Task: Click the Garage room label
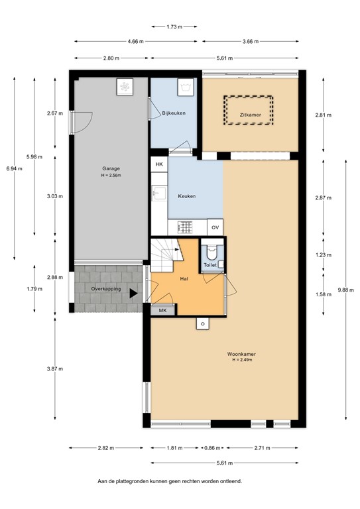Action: [111, 168]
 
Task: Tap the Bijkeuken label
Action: [173, 114]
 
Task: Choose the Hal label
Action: [186, 279]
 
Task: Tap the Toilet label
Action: [210, 265]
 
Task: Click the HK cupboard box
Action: [159, 164]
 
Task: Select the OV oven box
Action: [215, 227]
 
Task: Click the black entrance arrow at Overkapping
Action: [134, 292]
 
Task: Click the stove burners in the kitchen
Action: [186, 227]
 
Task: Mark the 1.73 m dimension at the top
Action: [174, 27]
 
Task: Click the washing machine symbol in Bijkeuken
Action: [186, 86]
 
